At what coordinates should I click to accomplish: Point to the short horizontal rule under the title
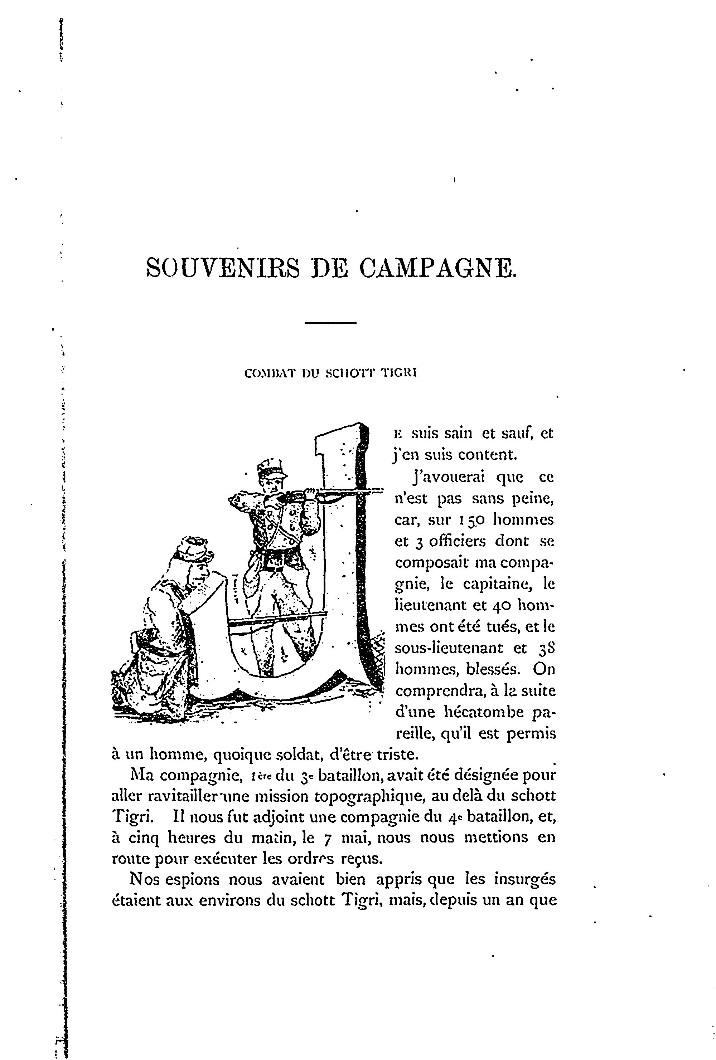(x=330, y=323)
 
